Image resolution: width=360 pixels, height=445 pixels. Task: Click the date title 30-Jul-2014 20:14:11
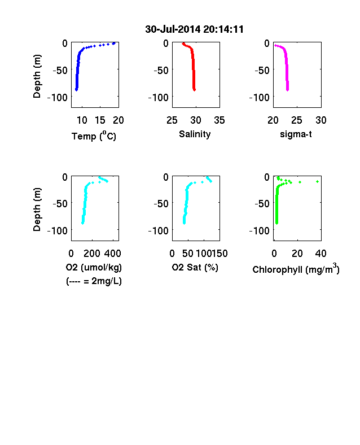click(194, 29)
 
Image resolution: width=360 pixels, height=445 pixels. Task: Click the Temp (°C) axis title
click(94, 136)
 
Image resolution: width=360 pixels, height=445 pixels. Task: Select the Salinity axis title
click(195, 134)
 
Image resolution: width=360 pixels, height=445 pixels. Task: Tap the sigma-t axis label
click(296, 134)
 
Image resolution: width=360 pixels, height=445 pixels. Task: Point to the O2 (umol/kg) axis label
click(94, 267)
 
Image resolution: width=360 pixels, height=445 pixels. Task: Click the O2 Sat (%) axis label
click(195, 267)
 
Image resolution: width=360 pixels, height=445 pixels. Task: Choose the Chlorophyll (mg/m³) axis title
click(296, 269)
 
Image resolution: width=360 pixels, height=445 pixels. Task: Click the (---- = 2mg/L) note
click(94, 281)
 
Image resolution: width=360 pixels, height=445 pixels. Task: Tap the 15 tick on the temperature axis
click(100, 120)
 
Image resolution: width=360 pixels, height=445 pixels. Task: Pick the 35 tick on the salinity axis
click(219, 120)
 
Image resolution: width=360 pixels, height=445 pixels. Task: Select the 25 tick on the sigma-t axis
click(296, 120)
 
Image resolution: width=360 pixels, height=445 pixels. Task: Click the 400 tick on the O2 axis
click(113, 254)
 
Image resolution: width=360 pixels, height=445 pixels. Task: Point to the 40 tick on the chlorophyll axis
click(321, 254)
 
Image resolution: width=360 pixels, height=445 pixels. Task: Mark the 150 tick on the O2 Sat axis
click(219, 254)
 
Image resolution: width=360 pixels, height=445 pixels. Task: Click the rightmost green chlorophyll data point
click(318, 182)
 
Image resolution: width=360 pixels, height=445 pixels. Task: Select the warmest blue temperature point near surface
click(114, 43)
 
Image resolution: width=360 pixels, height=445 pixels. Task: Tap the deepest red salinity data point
click(195, 90)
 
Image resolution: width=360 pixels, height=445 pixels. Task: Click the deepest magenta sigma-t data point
click(287, 90)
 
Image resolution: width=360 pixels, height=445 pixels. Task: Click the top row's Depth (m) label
click(37, 76)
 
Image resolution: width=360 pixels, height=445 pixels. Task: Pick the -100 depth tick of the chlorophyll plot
click(259, 231)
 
